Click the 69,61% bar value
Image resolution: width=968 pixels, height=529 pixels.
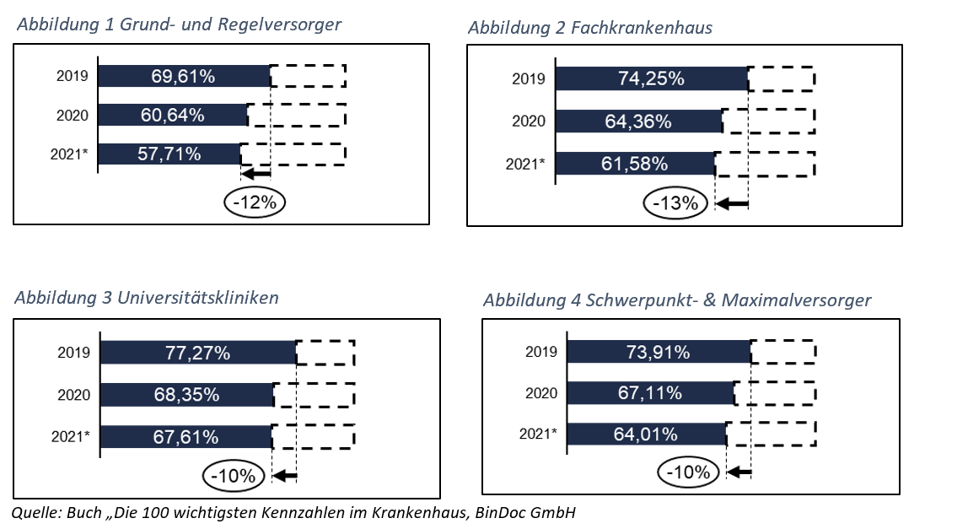183,76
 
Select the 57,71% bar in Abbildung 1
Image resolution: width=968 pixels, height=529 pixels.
169,154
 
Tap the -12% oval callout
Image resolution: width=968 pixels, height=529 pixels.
255,202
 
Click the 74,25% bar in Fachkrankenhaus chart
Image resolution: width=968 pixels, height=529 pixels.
652,78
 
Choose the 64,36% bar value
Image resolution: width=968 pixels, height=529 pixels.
638,121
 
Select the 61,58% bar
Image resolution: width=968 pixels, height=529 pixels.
634,163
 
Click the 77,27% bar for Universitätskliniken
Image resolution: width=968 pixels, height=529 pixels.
197,353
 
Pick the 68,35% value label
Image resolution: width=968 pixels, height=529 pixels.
187,394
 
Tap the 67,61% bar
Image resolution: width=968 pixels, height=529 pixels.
186,436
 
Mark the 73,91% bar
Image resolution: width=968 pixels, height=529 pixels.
658,352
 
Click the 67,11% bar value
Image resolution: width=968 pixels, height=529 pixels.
650,393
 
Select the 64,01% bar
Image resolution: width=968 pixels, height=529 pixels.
646,435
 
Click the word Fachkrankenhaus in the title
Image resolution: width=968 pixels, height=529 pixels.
642,28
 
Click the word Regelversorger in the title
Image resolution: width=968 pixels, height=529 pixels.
279,24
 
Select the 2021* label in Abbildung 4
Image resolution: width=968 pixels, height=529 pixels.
537,435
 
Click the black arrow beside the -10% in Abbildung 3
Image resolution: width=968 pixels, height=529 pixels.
285,477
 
